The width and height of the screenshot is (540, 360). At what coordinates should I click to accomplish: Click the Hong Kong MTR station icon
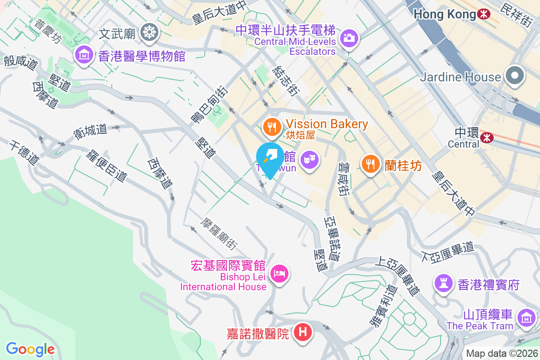[484, 14]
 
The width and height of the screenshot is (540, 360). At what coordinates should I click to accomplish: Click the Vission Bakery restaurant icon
[271, 126]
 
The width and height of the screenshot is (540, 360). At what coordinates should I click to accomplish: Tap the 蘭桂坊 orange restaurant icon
[370, 164]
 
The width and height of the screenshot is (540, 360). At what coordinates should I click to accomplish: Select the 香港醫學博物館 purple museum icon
[84, 55]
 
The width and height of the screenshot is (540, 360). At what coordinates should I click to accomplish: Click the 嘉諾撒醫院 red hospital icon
[303, 333]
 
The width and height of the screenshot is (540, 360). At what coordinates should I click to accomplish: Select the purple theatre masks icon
[310, 159]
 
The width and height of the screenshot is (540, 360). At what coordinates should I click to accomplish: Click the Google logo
[30, 349]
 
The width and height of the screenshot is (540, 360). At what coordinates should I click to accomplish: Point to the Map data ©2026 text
[501, 353]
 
